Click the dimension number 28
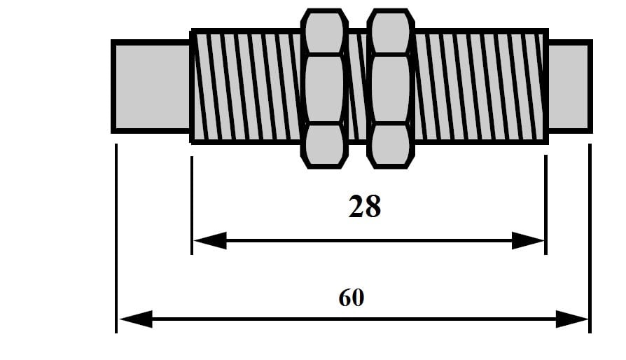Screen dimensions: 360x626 [364, 207]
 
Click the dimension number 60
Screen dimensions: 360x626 [351, 298]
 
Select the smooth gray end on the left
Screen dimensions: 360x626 [151, 85]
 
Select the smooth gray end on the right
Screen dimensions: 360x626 [569, 85]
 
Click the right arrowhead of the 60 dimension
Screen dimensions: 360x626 [573, 319]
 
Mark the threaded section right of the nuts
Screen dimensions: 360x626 [480, 86]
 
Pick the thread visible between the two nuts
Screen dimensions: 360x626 [358, 86]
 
